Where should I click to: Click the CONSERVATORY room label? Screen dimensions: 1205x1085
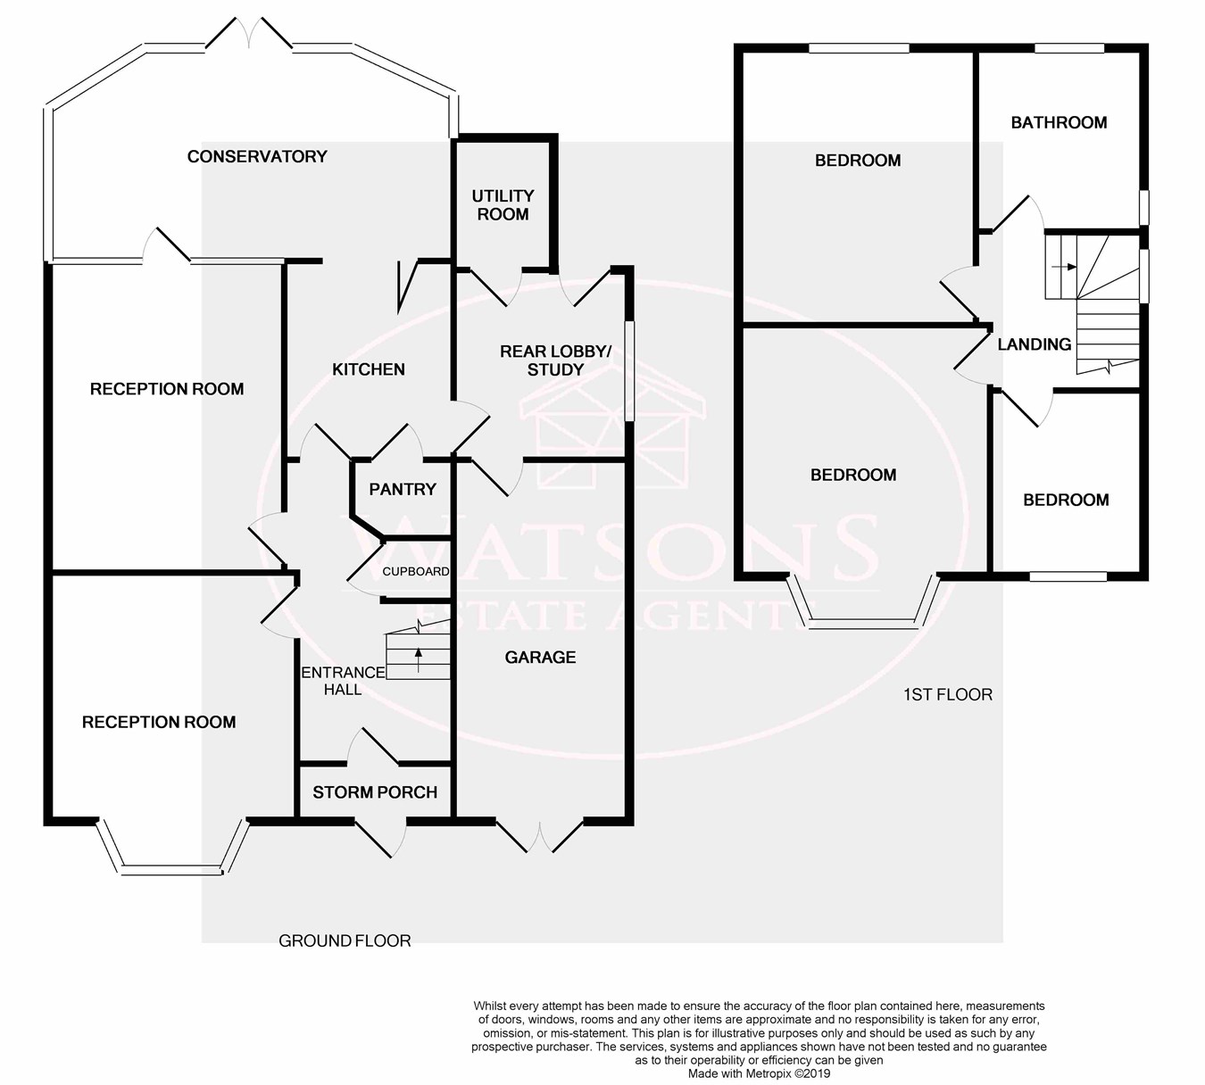257,157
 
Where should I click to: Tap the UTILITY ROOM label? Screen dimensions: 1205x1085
503,205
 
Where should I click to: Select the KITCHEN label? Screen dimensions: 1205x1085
369,369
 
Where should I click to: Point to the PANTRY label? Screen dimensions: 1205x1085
403,489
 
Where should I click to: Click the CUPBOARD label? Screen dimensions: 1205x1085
416,571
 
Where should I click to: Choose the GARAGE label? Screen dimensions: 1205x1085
540,658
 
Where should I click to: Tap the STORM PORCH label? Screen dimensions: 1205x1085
375,792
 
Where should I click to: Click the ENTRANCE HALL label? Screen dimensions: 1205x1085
343,682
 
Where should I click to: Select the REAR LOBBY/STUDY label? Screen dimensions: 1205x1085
556,360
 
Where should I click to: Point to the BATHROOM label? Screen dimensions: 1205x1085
1059,123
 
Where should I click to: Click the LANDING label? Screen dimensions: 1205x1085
1035,344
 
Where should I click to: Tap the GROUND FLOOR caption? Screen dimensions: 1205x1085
345,940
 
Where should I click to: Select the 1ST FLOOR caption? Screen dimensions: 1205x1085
948,694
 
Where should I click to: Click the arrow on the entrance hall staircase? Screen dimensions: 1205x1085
418,659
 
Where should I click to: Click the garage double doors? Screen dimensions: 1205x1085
539,835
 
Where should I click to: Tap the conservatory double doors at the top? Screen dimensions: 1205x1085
249,33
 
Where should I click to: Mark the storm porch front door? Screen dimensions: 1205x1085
380,838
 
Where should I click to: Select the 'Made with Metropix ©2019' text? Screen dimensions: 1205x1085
760,1073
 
